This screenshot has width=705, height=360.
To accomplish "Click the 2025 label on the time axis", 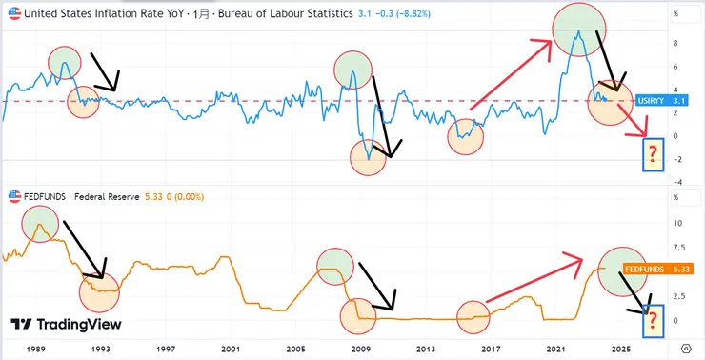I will coord(621,350).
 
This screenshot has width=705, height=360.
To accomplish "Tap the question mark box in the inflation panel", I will coord(653,154).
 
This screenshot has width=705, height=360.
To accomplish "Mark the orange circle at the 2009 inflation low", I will coord(369,156).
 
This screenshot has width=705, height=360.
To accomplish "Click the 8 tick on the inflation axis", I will coord(675,43).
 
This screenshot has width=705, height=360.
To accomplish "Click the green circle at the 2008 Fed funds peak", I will coord(335,267).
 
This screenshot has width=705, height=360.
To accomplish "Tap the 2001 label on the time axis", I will coord(230,350).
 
